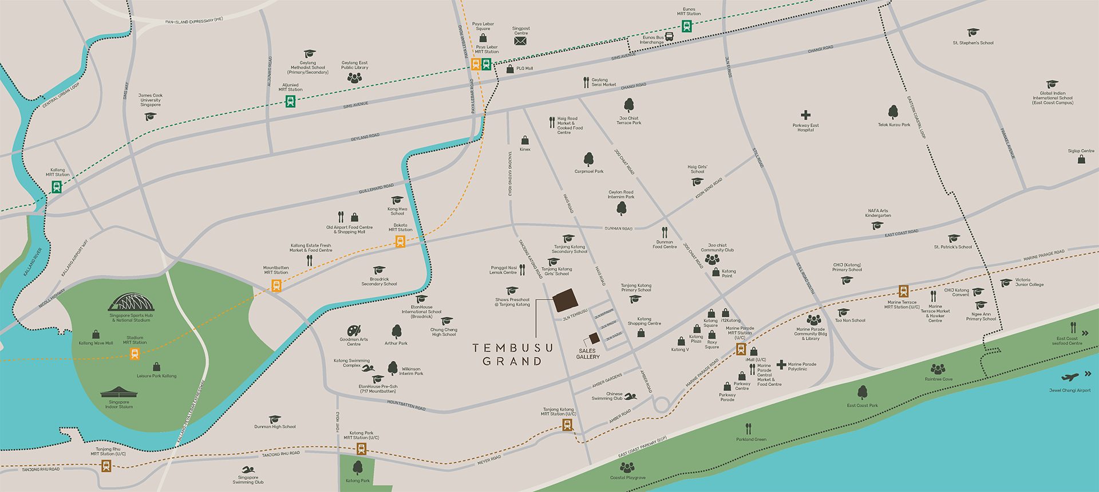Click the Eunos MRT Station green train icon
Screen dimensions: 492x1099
coord(686,26)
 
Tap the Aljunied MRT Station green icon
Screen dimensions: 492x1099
coord(290,101)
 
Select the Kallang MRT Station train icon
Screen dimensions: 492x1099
coord(57,187)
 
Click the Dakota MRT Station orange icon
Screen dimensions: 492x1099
coord(400,242)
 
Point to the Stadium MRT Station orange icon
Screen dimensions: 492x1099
coord(135,354)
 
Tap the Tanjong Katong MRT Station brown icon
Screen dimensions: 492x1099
coord(567,424)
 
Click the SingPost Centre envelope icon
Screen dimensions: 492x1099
coord(520,41)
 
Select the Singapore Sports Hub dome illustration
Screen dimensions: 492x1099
coord(131,302)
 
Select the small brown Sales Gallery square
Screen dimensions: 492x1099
coord(594,338)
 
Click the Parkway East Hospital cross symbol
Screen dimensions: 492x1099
coord(805,115)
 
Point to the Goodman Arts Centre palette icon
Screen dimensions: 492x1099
coord(354,331)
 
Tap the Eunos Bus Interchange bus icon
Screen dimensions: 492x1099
coord(669,37)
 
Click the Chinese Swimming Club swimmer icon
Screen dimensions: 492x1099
coord(630,397)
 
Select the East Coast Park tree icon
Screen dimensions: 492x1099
coord(862,392)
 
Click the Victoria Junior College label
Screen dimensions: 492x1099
coord(1029,282)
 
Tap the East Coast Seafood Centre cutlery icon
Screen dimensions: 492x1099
coord(1073,328)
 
